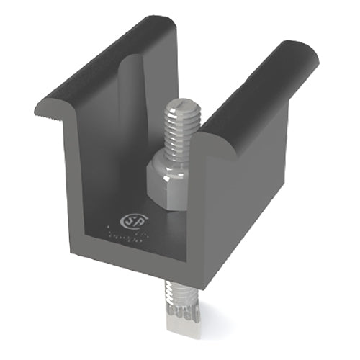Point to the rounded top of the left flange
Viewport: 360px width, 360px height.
point(108,65)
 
